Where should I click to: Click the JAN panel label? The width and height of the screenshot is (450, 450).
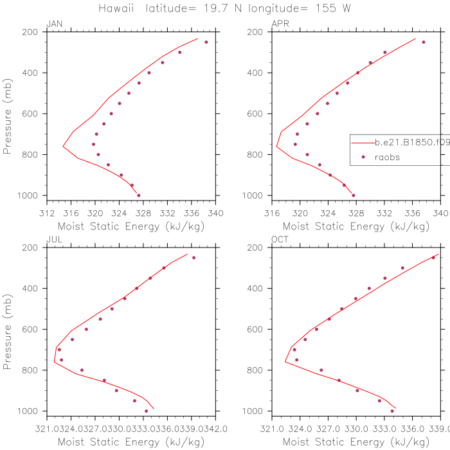click(x=54, y=24)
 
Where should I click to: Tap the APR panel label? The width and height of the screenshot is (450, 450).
click(x=280, y=24)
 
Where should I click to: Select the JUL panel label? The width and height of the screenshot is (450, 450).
click(x=53, y=240)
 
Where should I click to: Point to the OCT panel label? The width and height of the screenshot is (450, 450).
click(x=280, y=240)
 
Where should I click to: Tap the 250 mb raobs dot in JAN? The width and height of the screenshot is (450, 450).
click(x=206, y=42)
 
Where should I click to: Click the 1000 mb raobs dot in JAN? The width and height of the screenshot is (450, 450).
click(x=139, y=195)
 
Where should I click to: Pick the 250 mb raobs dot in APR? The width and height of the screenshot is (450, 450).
click(x=424, y=42)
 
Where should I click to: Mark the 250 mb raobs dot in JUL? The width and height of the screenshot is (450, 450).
click(x=194, y=258)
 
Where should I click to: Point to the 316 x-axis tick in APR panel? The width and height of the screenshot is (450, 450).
click(x=271, y=212)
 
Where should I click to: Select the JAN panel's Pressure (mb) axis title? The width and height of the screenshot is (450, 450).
click(x=8, y=113)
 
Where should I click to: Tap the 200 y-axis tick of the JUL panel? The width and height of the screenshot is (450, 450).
click(x=35, y=248)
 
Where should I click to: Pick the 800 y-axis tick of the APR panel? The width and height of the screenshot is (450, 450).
click(x=260, y=154)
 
